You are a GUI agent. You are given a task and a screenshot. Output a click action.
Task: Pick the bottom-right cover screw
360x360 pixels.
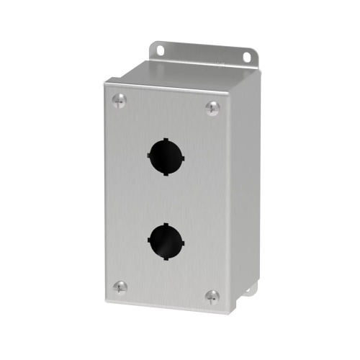(x=212, y=295)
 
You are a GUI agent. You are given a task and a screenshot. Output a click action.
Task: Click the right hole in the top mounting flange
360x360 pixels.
(x=247, y=57)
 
